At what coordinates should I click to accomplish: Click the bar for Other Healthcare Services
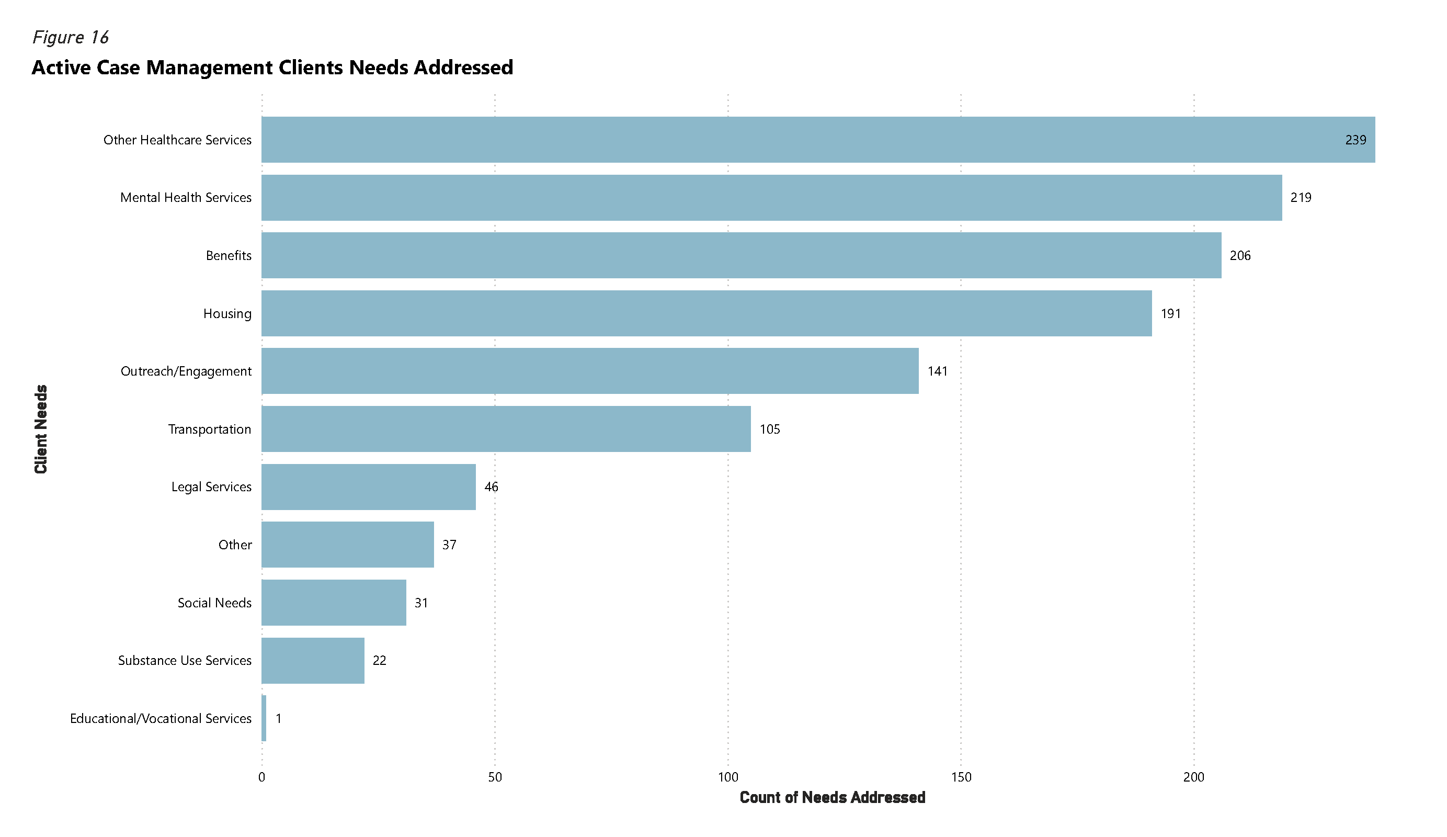(804, 140)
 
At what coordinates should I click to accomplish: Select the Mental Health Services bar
(769, 198)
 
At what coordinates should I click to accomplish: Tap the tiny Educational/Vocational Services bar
(264, 718)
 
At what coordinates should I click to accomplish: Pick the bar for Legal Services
(368, 487)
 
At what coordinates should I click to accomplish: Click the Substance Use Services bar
(312, 661)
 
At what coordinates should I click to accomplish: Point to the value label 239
(1355, 140)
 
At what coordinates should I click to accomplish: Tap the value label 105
(769, 429)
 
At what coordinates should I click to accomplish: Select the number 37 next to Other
(449, 545)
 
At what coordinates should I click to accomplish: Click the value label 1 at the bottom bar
(279, 719)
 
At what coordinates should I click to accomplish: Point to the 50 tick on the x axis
(494, 777)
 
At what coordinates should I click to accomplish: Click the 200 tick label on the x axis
(1193, 777)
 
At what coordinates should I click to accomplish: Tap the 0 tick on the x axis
(262, 777)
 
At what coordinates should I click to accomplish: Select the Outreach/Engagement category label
(186, 371)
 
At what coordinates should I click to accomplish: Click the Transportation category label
(209, 429)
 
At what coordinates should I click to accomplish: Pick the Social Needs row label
(214, 603)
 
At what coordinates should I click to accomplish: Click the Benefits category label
(229, 256)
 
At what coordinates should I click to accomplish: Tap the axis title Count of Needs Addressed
(832, 797)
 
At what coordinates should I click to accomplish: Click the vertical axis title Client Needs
(41, 429)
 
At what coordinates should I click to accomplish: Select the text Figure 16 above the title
(70, 37)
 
